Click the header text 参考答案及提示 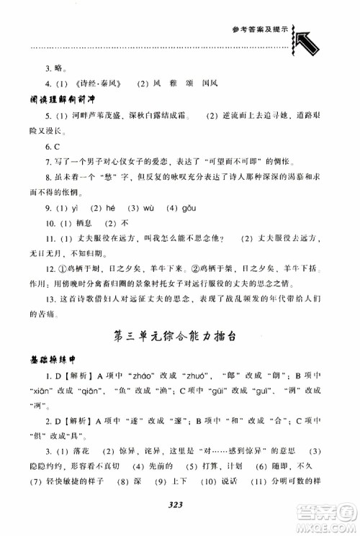261,30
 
